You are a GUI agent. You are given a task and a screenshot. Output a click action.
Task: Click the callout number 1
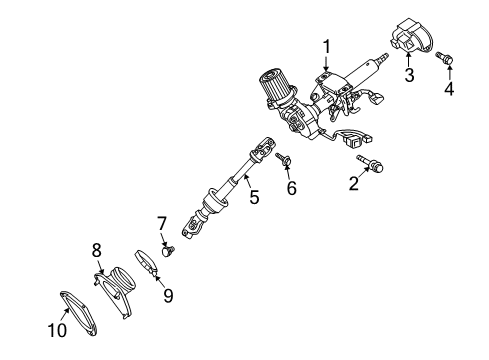(326, 46)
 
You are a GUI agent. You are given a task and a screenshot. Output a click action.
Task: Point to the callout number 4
(449, 90)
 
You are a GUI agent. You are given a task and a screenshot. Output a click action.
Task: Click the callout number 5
(254, 198)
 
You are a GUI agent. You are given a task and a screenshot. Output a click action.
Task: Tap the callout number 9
(168, 295)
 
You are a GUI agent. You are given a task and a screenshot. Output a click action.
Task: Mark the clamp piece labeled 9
(148, 264)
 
